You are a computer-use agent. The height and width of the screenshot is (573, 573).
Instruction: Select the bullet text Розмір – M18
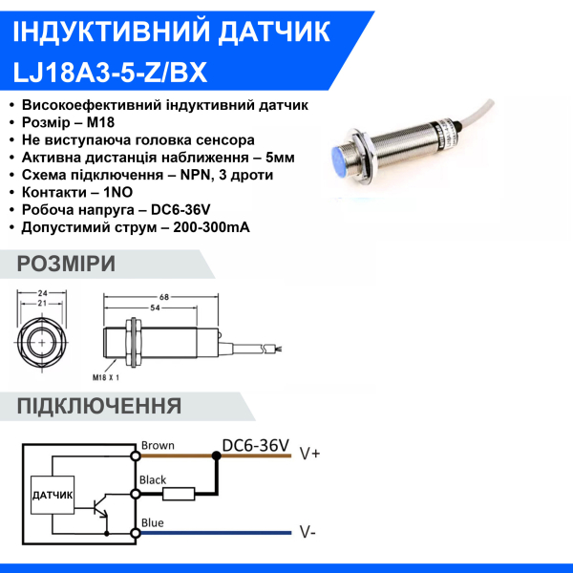click(74, 123)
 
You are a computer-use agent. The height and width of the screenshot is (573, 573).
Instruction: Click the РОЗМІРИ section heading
click(66, 265)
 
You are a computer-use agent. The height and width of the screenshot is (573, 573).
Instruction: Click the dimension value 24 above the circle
click(42, 293)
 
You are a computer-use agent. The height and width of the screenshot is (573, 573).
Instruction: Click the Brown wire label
click(157, 445)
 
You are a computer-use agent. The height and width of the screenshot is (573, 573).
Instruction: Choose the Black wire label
click(153, 479)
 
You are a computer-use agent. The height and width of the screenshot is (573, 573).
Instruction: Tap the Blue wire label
click(152, 522)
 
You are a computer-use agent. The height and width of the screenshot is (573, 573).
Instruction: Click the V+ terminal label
click(309, 455)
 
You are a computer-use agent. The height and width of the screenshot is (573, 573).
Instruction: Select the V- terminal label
click(308, 531)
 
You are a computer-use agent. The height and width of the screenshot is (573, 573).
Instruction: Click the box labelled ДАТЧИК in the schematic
click(53, 495)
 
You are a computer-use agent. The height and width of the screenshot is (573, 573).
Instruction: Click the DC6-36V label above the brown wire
click(255, 445)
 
